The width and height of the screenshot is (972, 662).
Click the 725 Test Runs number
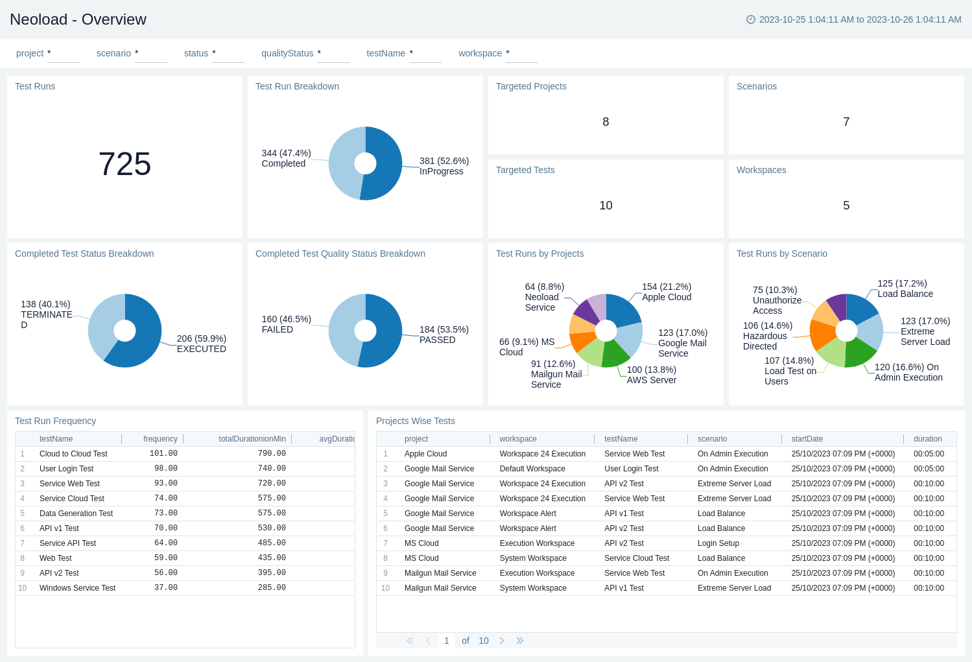coord(124,164)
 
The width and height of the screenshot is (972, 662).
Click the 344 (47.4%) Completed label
coord(286,158)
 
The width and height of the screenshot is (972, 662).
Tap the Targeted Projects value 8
coord(606,122)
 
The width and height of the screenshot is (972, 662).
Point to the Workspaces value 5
coord(846,206)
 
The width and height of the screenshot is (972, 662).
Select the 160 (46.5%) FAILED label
coord(286,324)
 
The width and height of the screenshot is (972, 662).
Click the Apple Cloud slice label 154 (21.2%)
coord(667,292)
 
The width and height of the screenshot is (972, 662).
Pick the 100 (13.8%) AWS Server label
coord(651,375)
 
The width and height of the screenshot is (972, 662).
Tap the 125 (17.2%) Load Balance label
coord(905,289)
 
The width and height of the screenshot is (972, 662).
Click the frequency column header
coord(160,439)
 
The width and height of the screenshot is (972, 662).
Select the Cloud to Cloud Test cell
coord(73,454)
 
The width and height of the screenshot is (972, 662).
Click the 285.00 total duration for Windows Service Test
coord(272,588)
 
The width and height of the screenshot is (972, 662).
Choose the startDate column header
coord(807,439)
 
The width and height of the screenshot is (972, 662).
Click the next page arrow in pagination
coord(501,641)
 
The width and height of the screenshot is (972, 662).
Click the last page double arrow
coord(519,641)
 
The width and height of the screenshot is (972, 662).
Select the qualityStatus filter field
coord(333,54)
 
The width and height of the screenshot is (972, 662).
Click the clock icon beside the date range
coord(751,19)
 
